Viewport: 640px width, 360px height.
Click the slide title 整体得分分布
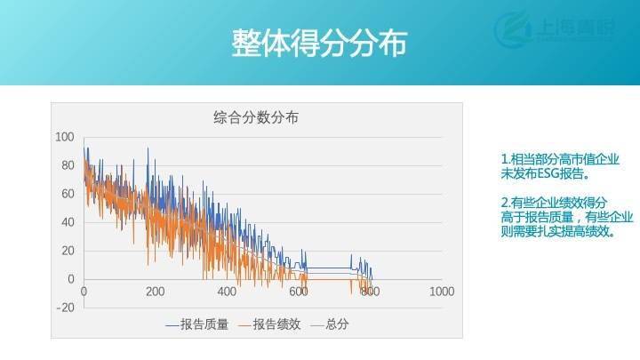(319, 43)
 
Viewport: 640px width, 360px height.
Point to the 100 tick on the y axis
(64, 137)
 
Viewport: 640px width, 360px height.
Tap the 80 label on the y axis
(67, 165)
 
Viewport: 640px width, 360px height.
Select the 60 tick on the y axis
(67, 194)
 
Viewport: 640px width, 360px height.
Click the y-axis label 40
(67, 222)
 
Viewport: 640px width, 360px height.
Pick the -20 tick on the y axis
(65, 308)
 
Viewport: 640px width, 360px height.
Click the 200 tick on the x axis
(156, 292)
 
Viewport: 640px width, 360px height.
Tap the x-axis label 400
(227, 292)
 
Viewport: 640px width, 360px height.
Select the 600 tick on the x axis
(298, 292)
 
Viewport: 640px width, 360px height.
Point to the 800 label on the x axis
(369, 292)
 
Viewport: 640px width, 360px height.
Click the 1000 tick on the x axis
(441, 292)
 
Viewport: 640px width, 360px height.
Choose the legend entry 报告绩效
(275, 325)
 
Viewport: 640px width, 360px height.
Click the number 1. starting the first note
(506, 159)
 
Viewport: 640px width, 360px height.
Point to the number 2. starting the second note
(506, 202)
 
